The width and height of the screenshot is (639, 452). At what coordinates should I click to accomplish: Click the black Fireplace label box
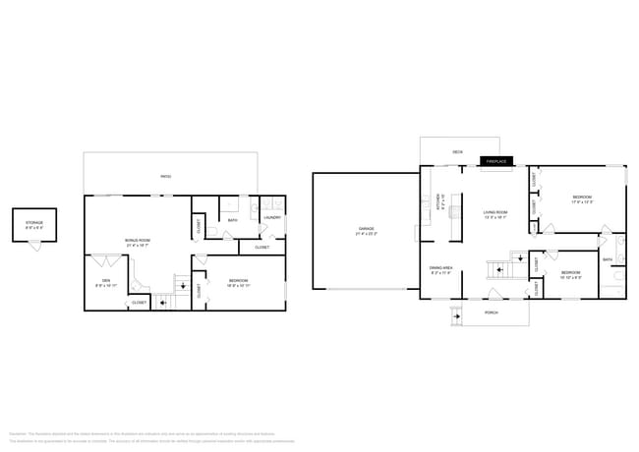495,161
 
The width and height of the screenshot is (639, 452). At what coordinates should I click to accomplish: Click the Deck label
457,152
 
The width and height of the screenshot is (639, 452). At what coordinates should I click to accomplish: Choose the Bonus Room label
137,242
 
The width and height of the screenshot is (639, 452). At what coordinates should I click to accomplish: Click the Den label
106,283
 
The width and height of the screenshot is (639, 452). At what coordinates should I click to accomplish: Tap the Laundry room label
272,217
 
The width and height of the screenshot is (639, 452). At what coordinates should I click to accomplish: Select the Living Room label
494,214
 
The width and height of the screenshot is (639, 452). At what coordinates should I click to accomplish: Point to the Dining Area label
439,269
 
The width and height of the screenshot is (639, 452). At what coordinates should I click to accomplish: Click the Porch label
491,313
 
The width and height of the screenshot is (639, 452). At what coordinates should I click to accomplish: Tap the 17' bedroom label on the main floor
582,200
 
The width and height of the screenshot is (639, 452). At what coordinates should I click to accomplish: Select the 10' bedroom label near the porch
571,274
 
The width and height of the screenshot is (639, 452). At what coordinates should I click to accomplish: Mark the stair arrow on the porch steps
455,316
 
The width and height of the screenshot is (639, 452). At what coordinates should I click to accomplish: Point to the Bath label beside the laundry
232,220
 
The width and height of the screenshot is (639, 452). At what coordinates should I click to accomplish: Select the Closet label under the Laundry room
261,247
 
